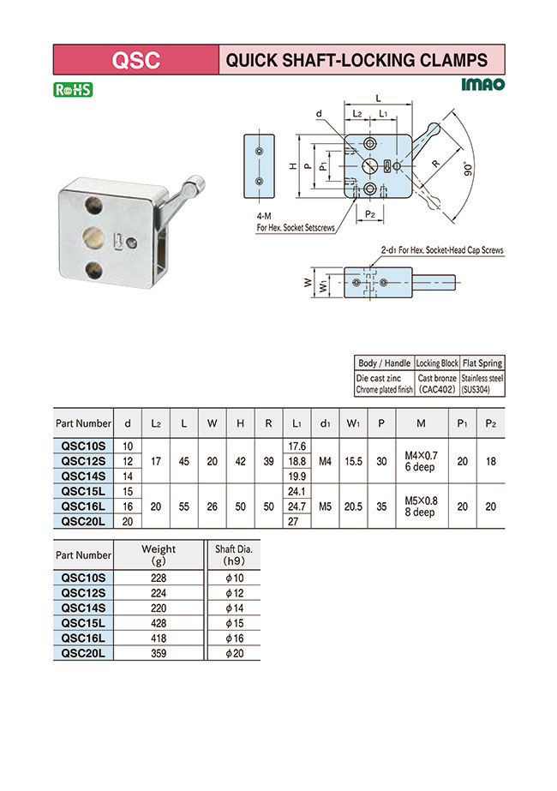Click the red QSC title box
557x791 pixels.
(x=135, y=60)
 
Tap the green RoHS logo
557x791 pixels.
(x=73, y=89)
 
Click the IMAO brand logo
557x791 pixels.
(x=482, y=86)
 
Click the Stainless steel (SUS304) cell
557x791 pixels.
(x=482, y=383)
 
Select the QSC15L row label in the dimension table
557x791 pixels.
(x=82, y=492)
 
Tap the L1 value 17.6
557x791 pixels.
(x=296, y=446)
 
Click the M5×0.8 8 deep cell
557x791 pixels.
(x=420, y=506)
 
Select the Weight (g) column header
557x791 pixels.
(x=159, y=554)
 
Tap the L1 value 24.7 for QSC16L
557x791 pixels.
(x=296, y=506)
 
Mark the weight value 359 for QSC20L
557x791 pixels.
(x=159, y=653)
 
